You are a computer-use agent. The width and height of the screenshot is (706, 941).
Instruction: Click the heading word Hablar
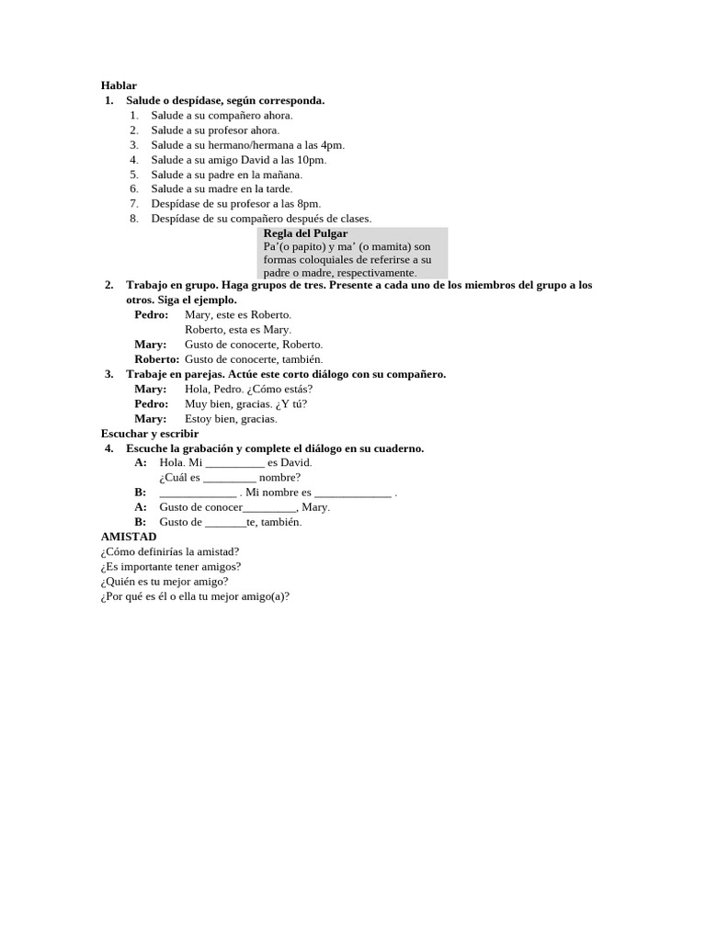(119, 85)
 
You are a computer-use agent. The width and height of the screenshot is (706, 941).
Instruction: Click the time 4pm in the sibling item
(333, 145)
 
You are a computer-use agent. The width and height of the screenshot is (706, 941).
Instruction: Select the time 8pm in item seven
(308, 204)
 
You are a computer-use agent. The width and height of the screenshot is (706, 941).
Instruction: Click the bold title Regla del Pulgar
(305, 233)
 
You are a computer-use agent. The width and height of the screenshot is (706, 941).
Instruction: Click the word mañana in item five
(282, 175)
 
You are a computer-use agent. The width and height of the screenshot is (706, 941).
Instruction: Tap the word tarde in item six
(278, 189)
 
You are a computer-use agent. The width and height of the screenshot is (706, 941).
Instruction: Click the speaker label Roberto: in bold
(156, 359)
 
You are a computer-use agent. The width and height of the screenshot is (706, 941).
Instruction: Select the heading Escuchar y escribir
(150, 434)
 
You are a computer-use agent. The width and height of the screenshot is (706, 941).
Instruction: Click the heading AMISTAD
(129, 537)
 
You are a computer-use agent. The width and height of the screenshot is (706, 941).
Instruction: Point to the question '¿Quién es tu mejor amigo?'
(165, 582)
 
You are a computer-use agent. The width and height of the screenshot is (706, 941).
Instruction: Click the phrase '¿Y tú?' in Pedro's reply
(291, 404)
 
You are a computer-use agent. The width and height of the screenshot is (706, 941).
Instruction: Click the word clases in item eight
(353, 219)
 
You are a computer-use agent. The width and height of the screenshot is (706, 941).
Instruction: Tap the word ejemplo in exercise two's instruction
(213, 300)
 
